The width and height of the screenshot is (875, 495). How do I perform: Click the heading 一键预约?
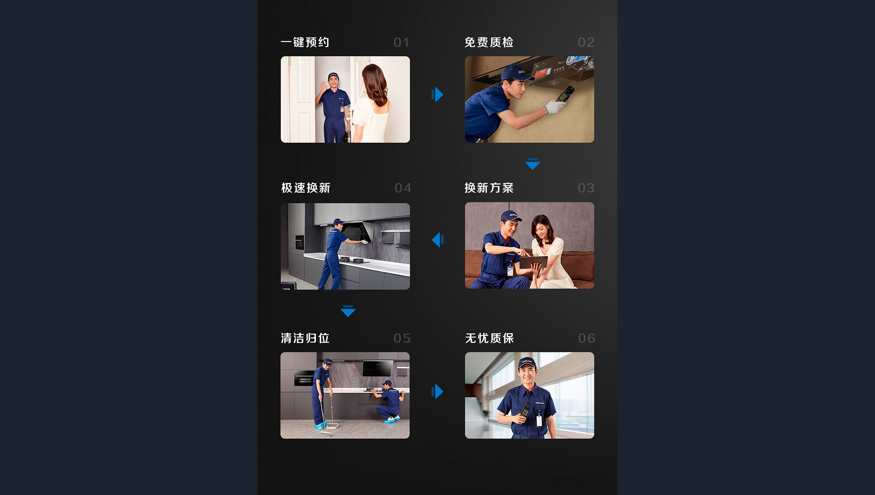click(x=305, y=42)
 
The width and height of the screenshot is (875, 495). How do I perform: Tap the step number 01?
click(x=401, y=43)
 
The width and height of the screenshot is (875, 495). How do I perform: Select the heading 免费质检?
click(x=489, y=42)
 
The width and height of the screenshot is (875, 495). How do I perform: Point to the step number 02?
click(x=586, y=43)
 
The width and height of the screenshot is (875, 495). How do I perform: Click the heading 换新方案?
click(x=489, y=188)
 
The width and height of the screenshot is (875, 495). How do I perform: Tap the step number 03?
click(x=586, y=188)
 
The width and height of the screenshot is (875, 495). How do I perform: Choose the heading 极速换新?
click(x=306, y=188)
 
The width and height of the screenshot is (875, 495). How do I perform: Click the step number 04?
click(x=403, y=188)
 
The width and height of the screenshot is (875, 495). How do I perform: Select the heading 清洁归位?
click(x=305, y=338)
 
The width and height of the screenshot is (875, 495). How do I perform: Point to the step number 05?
click(x=402, y=338)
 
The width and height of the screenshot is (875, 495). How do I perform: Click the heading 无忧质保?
click(x=489, y=338)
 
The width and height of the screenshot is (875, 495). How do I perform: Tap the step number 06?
click(x=587, y=338)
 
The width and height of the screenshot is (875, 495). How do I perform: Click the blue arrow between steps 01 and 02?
click(x=437, y=95)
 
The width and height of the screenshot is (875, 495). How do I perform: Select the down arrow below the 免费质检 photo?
click(x=533, y=164)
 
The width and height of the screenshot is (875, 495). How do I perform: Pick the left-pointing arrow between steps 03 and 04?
click(x=437, y=240)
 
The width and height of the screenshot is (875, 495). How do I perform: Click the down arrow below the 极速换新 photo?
click(x=348, y=311)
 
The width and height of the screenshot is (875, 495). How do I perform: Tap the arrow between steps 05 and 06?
click(x=437, y=391)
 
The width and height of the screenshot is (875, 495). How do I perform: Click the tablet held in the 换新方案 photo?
click(x=534, y=262)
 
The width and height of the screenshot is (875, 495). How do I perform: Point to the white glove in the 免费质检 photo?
click(x=556, y=107)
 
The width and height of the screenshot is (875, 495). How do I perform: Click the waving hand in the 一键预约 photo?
click(x=324, y=86)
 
